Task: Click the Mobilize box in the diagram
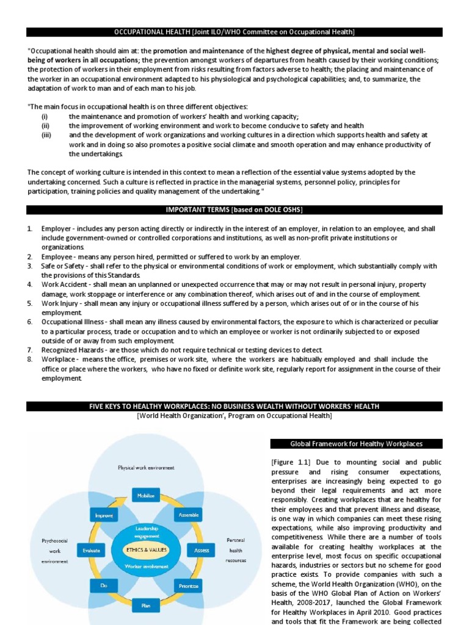(145, 496)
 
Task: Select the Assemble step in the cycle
(189, 515)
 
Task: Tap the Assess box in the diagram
(202, 550)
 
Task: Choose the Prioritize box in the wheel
(189, 586)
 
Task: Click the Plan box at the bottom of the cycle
(145, 606)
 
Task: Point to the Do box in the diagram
(103, 586)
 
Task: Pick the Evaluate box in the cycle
(91, 550)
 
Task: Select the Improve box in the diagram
(103, 515)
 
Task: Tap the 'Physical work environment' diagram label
(146, 468)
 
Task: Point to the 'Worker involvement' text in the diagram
(145, 566)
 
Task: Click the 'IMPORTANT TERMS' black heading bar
(234, 211)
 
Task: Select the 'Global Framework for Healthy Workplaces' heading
(356, 444)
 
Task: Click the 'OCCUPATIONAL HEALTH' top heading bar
(234, 32)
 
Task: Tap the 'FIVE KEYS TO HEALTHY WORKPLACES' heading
(234, 406)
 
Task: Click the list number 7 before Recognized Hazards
(30, 350)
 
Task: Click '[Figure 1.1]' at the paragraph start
(293, 463)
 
